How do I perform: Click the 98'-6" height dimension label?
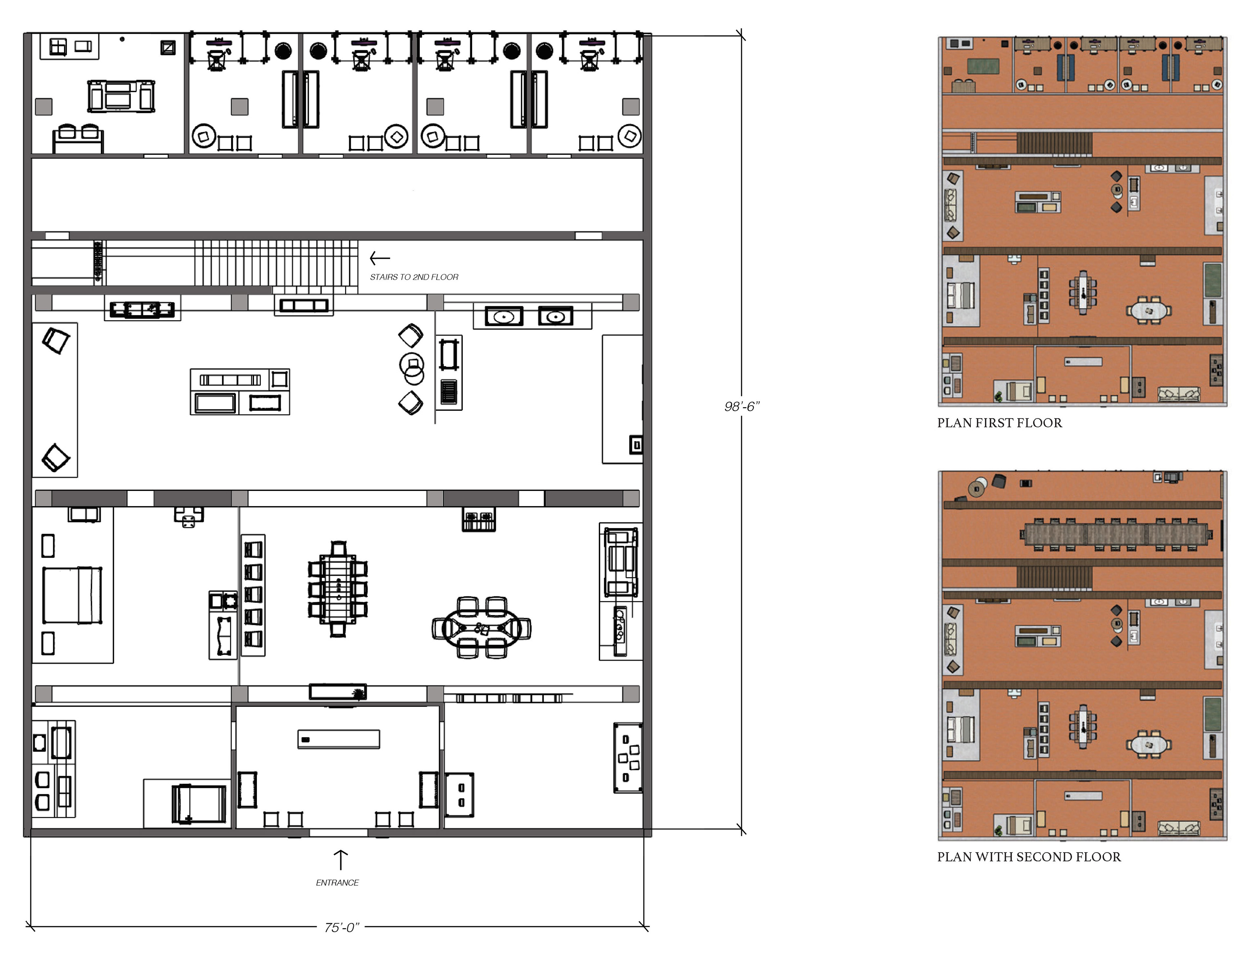(x=742, y=406)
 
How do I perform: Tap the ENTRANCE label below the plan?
(x=337, y=882)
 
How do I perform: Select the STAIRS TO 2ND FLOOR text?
(x=414, y=277)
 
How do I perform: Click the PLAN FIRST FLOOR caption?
(x=1000, y=423)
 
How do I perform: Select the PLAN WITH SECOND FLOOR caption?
(x=1029, y=857)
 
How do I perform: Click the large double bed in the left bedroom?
(x=72, y=595)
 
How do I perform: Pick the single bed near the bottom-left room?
(x=199, y=803)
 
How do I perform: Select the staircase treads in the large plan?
(x=276, y=263)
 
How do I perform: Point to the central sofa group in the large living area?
(x=240, y=392)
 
